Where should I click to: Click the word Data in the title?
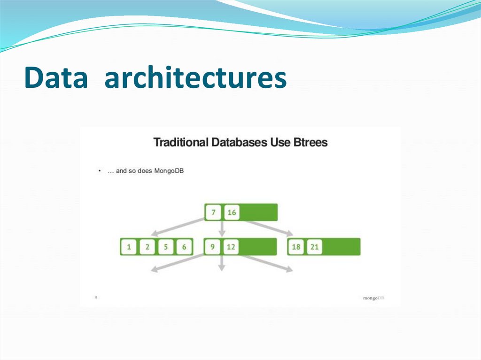pos(56,78)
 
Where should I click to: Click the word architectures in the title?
pos(195,78)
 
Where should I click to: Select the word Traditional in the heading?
pos(181,142)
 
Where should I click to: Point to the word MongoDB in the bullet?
pos(169,171)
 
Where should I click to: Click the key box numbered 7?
pos(213,213)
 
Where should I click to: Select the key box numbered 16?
pos(232,213)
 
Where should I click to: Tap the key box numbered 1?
pos(129,247)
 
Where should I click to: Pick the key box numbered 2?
pos(147,247)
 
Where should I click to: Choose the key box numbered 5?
pos(165,247)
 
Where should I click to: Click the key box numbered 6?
pos(184,247)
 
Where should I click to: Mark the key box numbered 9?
pos(212,247)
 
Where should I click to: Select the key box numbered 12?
pos(231,247)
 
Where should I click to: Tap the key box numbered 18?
pos(296,247)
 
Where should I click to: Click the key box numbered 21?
pos(315,247)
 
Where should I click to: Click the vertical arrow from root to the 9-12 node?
pos(222,229)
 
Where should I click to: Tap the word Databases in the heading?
pos(240,142)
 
